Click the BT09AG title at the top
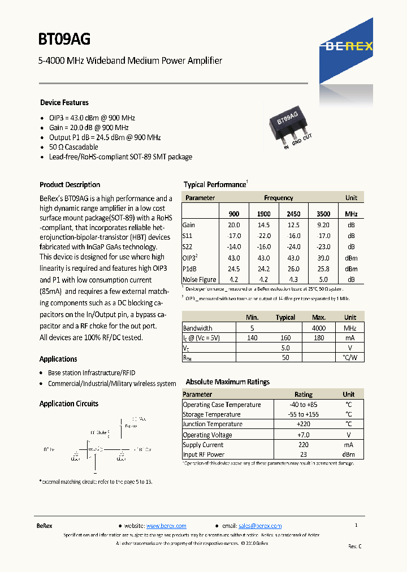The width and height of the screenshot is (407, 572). pos(64,39)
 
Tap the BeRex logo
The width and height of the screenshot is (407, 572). pos(349,47)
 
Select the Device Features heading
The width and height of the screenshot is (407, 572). pos(64,103)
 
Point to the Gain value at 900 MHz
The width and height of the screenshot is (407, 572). pos(233,225)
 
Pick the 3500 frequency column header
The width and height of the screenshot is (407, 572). pos(323,214)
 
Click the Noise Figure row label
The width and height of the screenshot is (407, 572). pos(199,279)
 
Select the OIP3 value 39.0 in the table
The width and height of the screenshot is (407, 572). pos(323,258)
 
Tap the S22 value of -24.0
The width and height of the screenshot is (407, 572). pos(293,247)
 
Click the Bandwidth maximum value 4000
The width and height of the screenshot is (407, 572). pos(319,328)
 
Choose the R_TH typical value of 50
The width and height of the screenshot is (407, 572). pos(285,358)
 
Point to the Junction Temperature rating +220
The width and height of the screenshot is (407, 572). pos(304,424)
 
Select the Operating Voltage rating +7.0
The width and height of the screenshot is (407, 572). pos(304,435)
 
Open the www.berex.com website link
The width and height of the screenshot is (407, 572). pos(166,526)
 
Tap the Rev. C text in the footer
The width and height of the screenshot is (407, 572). pos(354,547)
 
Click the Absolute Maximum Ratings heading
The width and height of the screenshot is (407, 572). pos(228,382)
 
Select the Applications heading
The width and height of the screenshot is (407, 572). pos(58,359)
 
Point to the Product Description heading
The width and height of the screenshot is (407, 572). pos(70,185)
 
